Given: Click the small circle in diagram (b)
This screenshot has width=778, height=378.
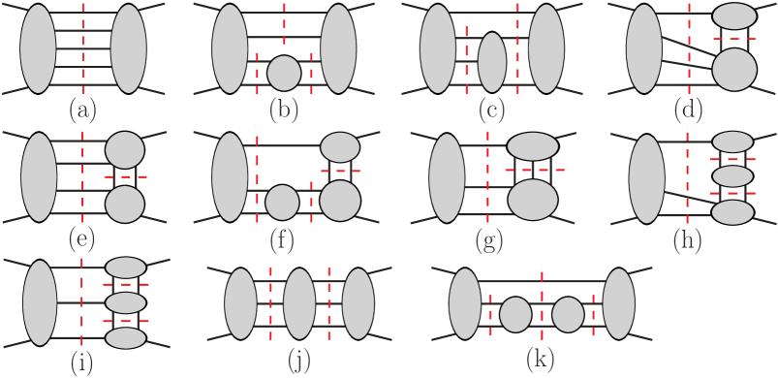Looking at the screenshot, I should [283, 72].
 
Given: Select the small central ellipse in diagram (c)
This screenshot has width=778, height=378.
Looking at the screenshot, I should [492, 62].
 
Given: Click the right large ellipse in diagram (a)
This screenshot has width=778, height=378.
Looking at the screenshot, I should [129, 48].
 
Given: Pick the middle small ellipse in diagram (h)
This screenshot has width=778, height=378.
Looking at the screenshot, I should [733, 176].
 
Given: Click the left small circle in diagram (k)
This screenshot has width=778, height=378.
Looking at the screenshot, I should [516, 316].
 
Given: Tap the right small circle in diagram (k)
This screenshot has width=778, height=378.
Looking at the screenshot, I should [568, 316].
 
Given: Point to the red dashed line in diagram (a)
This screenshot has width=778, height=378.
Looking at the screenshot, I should [83, 48].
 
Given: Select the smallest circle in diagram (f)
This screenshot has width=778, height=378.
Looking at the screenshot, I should [282, 202].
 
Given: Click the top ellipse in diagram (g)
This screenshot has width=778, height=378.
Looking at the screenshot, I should [532, 146].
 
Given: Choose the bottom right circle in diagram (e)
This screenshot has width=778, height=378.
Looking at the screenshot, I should [125, 205].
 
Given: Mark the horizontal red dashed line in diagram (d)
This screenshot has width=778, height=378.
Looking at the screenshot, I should [733, 39].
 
